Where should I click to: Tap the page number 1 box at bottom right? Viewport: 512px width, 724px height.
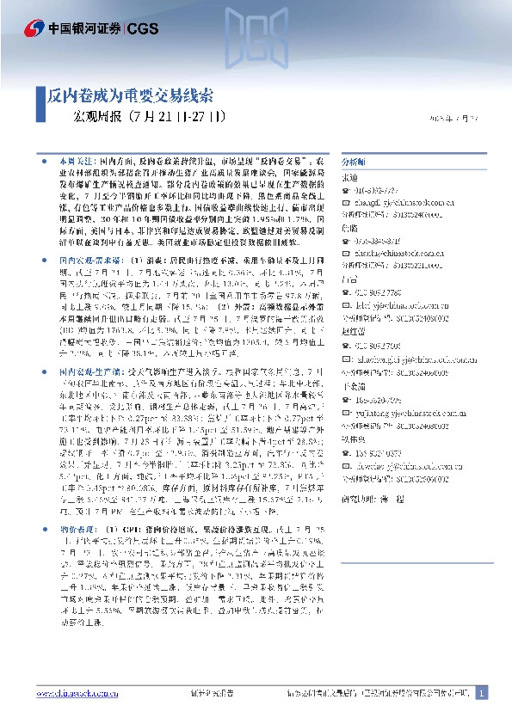[x=481, y=693]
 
